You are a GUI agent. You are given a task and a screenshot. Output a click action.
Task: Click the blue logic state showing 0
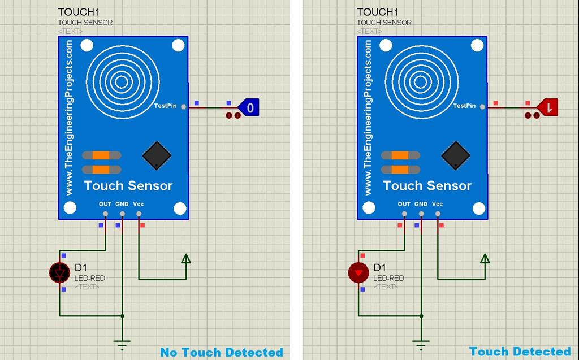pos(249,106)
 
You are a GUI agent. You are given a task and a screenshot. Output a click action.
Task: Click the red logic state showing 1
pos(548,106)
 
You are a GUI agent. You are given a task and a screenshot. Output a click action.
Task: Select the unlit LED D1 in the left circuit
pos(59,274)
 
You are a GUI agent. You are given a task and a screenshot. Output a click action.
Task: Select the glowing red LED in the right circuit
pos(358,274)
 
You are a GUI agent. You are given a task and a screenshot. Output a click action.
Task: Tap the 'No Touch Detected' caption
pos(222,352)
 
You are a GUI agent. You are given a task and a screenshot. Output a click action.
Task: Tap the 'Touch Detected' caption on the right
pos(520,352)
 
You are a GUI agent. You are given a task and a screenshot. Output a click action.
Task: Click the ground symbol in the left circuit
pos(122,342)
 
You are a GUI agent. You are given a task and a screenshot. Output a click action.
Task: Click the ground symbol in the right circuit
pos(420,342)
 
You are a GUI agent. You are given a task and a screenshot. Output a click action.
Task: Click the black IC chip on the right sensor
pos(455,155)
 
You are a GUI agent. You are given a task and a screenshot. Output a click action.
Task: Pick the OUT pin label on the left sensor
pos(105,204)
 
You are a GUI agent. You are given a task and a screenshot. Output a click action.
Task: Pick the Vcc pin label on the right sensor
pos(437,204)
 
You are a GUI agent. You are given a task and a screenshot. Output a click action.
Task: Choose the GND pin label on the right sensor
pos(421,204)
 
